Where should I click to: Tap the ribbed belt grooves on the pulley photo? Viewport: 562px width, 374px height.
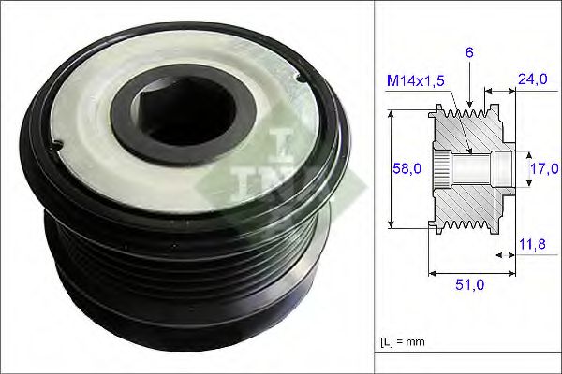point(169,280)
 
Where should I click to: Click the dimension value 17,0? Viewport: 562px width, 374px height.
point(544,169)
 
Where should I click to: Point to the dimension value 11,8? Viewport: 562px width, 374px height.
point(531,246)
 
